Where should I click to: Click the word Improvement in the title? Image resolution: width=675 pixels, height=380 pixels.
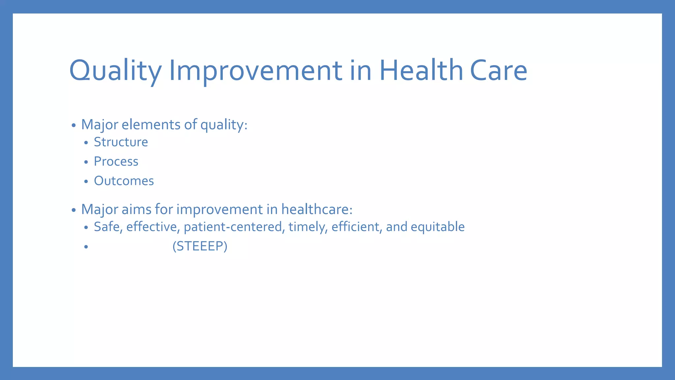(x=255, y=71)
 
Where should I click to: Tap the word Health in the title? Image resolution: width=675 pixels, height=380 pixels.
(x=421, y=71)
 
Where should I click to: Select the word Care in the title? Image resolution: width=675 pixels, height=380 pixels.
(x=498, y=71)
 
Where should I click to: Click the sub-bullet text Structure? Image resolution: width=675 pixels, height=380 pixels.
(x=121, y=142)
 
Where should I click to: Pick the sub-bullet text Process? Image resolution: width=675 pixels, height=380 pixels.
(x=116, y=162)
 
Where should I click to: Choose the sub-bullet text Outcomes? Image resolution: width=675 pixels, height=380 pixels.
(x=124, y=181)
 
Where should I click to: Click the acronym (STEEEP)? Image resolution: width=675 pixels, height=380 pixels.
(x=200, y=246)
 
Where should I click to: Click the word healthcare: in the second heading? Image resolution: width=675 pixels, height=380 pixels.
(x=317, y=209)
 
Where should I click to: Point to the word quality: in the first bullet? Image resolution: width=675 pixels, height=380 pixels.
(x=223, y=125)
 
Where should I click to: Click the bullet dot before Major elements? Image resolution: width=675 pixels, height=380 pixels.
(x=73, y=126)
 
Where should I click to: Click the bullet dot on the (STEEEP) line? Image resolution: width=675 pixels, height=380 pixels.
(x=86, y=247)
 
